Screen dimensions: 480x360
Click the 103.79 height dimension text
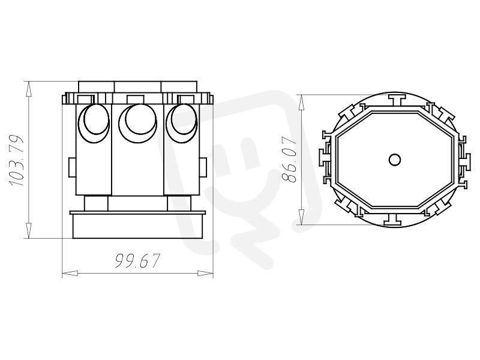point(16,160)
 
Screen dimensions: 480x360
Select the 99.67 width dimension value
point(137,261)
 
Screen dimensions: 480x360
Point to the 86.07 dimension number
point(289,160)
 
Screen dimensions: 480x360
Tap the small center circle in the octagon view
point(395,160)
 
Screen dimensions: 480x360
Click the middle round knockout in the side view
point(138,124)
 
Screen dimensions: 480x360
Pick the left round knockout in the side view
point(94,124)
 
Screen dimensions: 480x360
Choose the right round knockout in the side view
point(182,124)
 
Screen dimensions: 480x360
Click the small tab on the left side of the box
point(72,167)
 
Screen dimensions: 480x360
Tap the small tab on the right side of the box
point(203,167)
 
